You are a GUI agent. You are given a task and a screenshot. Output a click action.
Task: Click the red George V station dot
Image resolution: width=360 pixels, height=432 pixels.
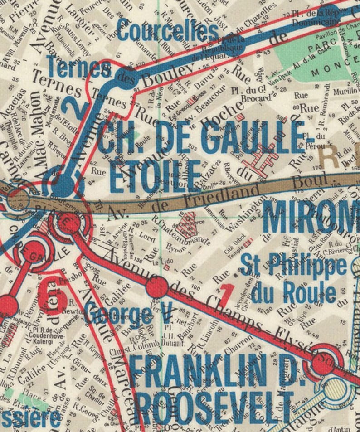coord(157,287)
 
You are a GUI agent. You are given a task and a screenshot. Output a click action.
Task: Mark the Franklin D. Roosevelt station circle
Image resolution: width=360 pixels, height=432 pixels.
coord(324,362)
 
